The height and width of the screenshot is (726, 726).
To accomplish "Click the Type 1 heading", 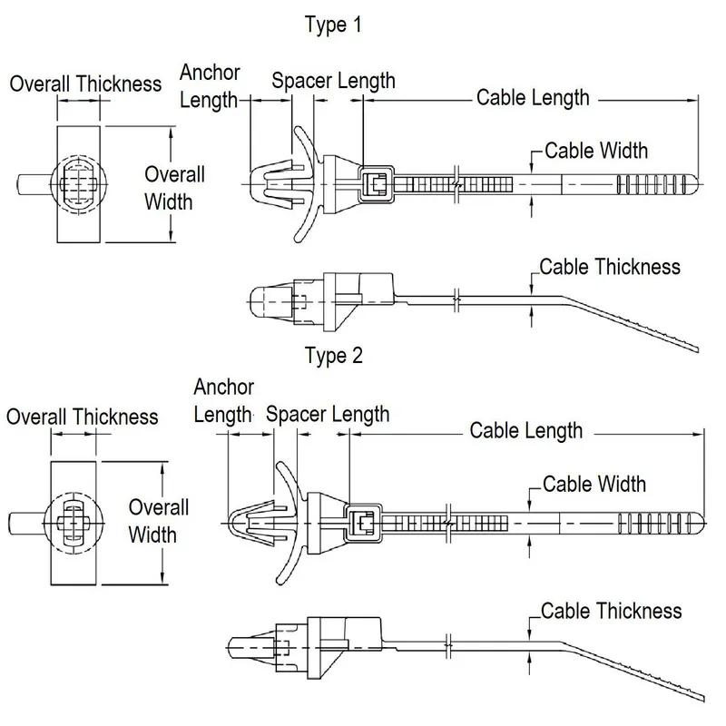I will (x=332, y=25).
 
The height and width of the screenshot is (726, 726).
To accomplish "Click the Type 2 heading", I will (x=333, y=356).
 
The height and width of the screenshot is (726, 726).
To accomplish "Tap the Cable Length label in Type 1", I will (x=533, y=97).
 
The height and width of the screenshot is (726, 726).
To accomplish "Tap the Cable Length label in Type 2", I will (x=525, y=429).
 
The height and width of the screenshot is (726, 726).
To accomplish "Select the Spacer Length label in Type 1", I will (x=333, y=80).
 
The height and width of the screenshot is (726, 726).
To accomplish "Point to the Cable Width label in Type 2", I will (x=594, y=483).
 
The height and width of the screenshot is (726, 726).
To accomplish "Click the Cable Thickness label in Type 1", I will (x=609, y=267).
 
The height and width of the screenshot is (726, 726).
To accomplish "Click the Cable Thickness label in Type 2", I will (x=611, y=610).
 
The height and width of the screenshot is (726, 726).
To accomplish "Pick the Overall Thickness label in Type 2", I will (x=82, y=417).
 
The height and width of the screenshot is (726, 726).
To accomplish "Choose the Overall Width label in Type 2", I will (x=158, y=519).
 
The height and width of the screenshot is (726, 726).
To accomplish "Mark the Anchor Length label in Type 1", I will (x=209, y=86).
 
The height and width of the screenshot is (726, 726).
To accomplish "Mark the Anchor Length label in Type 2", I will (x=223, y=401).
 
